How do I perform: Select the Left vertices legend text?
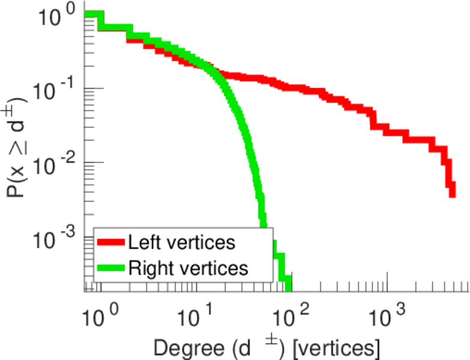click(x=182, y=243)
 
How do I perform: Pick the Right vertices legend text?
click(x=187, y=268)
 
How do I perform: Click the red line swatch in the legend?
click(x=112, y=243)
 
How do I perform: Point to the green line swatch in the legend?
click(x=112, y=268)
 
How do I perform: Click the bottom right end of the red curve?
click(x=452, y=193)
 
